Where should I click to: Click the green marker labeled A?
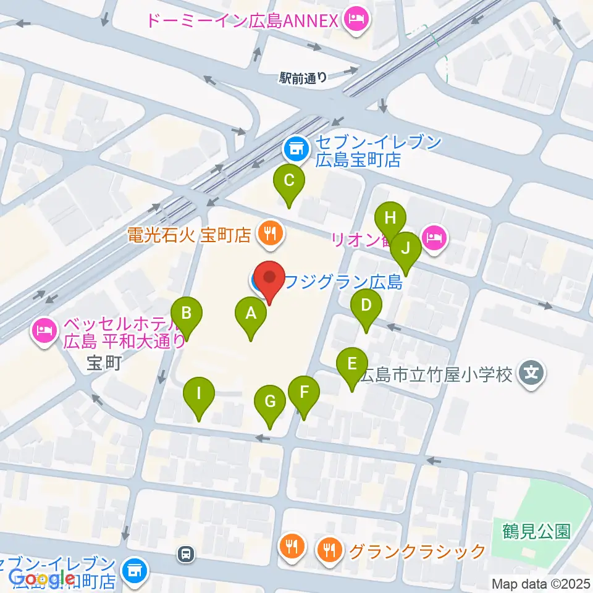251,314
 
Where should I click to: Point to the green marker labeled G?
270,402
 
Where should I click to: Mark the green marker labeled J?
406,248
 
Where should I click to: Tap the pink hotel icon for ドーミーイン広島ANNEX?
356,21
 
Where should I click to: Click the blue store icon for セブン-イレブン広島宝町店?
296,148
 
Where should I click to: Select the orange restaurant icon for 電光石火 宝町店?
269,234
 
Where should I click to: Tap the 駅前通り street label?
303,78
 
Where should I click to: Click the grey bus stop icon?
185,554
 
